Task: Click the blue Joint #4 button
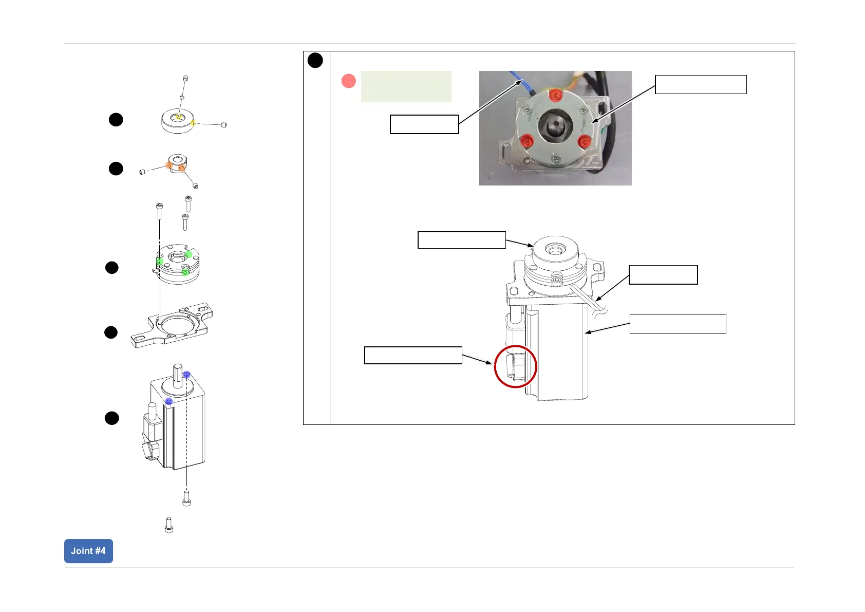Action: pos(88,551)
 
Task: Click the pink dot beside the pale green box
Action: pos(349,81)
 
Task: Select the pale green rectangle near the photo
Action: pos(406,86)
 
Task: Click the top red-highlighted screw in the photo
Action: pos(555,96)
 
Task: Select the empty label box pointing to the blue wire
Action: pos(424,124)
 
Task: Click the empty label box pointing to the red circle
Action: pos(413,355)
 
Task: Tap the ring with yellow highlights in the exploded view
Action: pos(177,121)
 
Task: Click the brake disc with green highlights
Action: pos(177,263)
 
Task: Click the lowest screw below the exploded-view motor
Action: pos(169,525)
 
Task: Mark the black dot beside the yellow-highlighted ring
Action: pos(116,120)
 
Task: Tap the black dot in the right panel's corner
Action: pos(315,61)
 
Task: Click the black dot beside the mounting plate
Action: pos(111,332)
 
